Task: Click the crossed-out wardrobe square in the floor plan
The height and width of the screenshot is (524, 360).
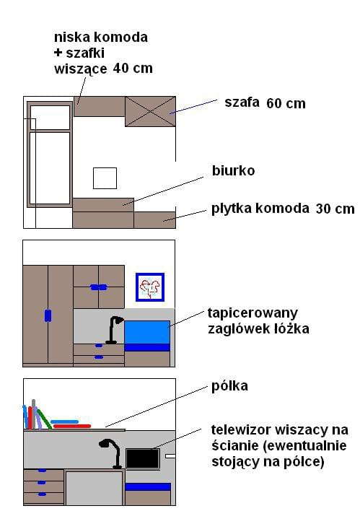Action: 150,112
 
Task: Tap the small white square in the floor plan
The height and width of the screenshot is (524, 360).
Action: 105,178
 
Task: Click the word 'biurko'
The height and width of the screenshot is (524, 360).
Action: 234,171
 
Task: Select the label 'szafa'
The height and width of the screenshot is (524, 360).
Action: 242,102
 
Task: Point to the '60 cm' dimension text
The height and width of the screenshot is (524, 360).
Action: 286,103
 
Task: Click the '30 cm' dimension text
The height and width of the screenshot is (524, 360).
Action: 335,209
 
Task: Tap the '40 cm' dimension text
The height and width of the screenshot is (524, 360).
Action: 133,68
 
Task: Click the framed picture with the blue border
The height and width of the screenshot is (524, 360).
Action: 150,287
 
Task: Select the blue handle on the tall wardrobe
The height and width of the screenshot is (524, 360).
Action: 48,316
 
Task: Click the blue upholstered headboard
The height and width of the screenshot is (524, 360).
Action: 147,336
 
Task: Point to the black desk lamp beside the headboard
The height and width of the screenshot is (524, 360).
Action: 114,330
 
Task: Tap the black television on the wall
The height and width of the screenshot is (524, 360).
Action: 143,458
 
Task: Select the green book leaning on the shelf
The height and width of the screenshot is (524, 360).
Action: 44,419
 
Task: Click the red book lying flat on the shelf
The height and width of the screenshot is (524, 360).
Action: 72,426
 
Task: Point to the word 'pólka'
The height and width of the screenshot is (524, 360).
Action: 229,386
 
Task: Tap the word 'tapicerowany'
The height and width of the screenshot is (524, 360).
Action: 253,313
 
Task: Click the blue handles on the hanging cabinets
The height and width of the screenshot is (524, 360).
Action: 99,287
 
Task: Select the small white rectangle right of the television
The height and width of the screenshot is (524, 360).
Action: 170,456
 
